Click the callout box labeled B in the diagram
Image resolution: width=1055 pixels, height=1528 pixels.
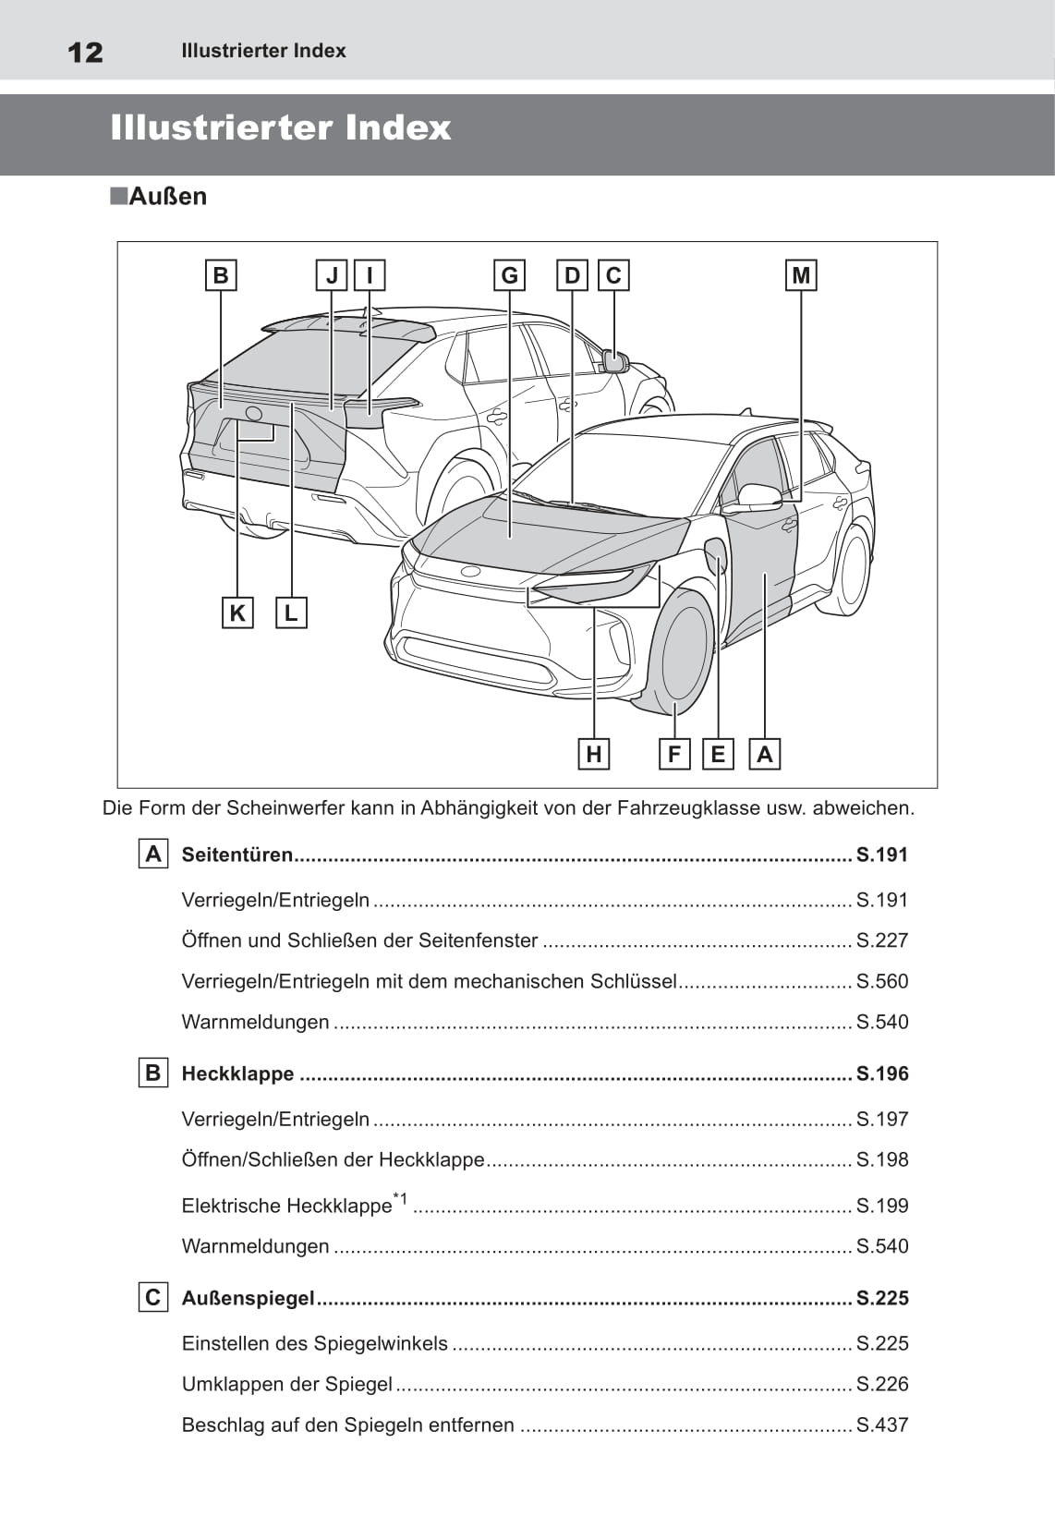click(x=220, y=275)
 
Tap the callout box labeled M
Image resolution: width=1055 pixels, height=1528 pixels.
click(x=801, y=275)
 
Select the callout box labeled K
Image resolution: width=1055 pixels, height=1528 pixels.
click(x=237, y=612)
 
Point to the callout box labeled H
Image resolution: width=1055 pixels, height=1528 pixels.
click(x=594, y=754)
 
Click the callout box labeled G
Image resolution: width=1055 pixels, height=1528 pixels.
click(x=509, y=275)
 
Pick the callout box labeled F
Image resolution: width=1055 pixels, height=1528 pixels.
click(x=674, y=754)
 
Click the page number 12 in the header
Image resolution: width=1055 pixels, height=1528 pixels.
click(x=85, y=52)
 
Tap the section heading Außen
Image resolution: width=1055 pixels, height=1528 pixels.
click(x=167, y=196)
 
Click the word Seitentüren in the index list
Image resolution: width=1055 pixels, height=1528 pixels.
click(x=237, y=855)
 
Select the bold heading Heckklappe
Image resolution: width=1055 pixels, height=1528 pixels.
click(x=237, y=1073)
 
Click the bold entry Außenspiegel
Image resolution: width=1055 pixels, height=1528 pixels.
click(x=249, y=1298)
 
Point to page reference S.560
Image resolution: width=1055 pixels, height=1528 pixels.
click(x=882, y=981)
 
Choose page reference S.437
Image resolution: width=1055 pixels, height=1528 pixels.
click(x=882, y=1425)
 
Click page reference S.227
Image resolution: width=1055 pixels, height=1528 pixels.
click(x=882, y=940)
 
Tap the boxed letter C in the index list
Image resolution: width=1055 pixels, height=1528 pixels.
click(x=153, y=1297)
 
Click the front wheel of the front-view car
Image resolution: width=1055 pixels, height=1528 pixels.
click(x=684, y=651)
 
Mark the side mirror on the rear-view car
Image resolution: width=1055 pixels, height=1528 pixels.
click(x=614, y=359)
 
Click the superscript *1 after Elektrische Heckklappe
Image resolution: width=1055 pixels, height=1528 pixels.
click(x=400, y=1199)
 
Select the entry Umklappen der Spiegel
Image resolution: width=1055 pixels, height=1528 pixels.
click(x=287, y=1384)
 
